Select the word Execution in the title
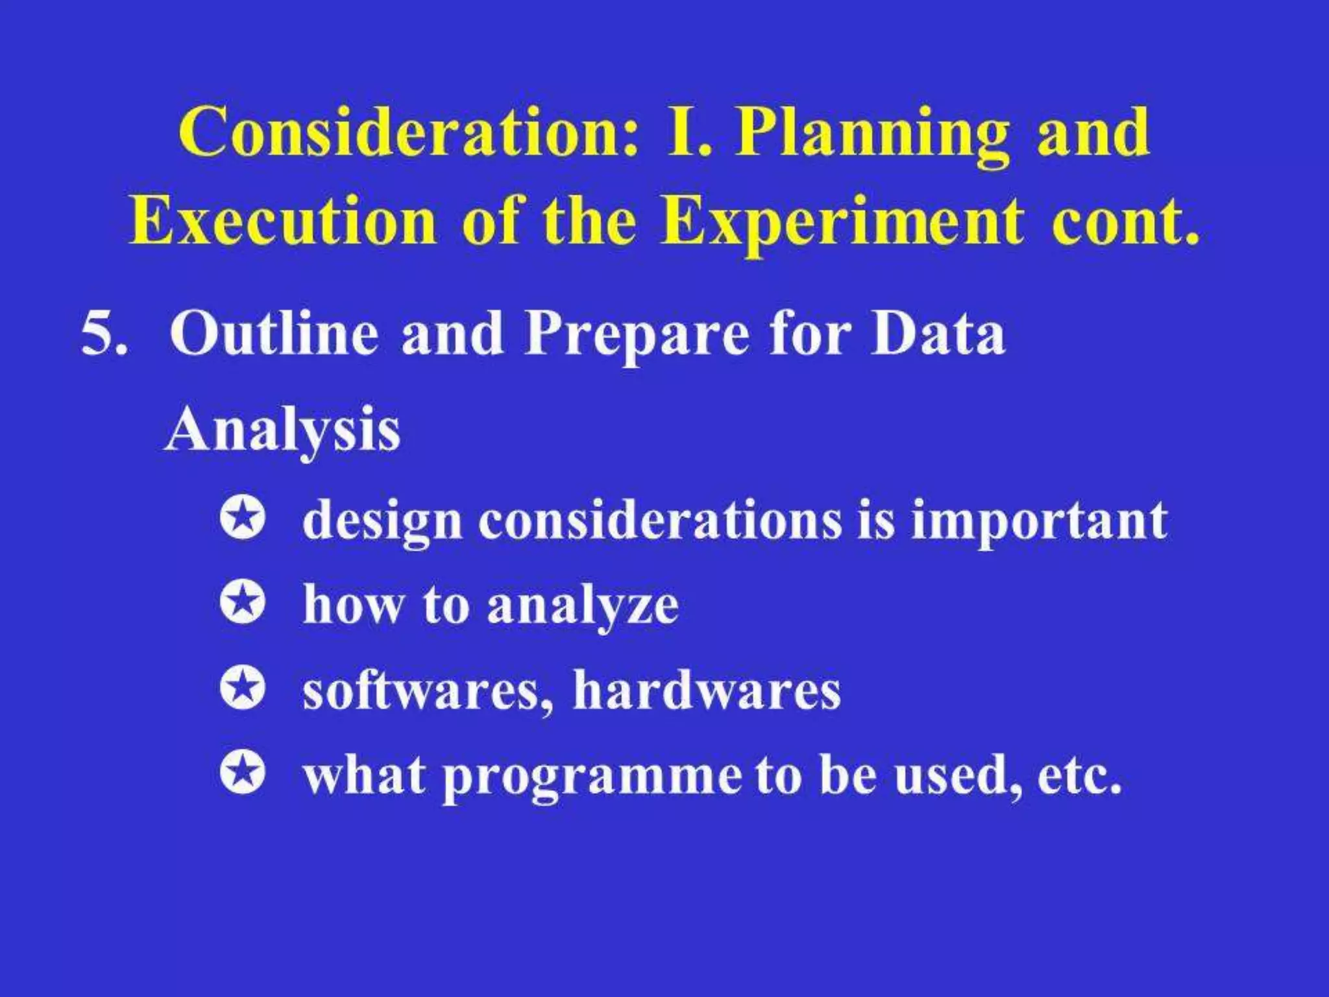click(x=282, y=221)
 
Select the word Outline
click(x=273, y=334)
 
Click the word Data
click(x=938, y=334)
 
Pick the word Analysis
click(x=282, y=432)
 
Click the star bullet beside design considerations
click(x=243, y=520)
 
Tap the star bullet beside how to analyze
click(x=243, y=604)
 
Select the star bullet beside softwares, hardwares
click(x=243, y=689)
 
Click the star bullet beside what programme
click(x=243, y=774)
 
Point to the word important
click(x=1038, y=523)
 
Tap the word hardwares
click(x=707, y=691)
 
